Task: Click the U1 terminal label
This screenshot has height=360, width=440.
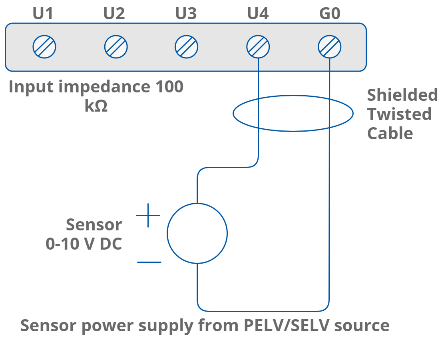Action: pyautogui.click(x=43, y=14)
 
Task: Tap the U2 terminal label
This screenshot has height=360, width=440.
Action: pyautogui.click(x=114, y=14)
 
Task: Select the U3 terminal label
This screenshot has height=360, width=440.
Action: pyautogui.click(x=186, y=14)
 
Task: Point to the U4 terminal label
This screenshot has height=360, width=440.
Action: pyautogui.click(x=258, y=14)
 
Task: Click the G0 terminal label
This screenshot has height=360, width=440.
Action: pyautogui.click(x=330, y=14)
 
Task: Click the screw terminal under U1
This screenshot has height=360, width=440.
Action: pyautogui.click(x=44, y=47)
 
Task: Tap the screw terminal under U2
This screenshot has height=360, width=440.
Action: pyautogui.click(x=116, y=47)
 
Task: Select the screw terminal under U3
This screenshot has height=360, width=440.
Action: pyautogui.click(x=186, y=47)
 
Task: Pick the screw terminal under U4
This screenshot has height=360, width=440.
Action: pyautogui.click(x=258, y=47)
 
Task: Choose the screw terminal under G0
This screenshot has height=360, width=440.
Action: pyautogui.click(x=330, y=47)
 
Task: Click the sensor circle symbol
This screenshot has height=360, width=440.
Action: pyautogui.click(x=197, y=233)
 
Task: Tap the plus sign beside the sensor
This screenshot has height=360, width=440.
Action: pyautogui.click(x=148, y=215)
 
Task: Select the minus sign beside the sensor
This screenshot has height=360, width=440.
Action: pyautogui.click(x=149, y=262)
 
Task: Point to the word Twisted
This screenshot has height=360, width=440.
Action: pyautogui.click(x=399, y=114)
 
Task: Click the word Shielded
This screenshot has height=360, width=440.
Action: pyautogui.click(x=402, y=95)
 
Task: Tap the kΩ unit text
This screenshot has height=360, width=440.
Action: pyautogui.click(x=96, y=106)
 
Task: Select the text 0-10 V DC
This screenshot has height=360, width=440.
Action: pyautogui.click(x=84, y=244)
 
